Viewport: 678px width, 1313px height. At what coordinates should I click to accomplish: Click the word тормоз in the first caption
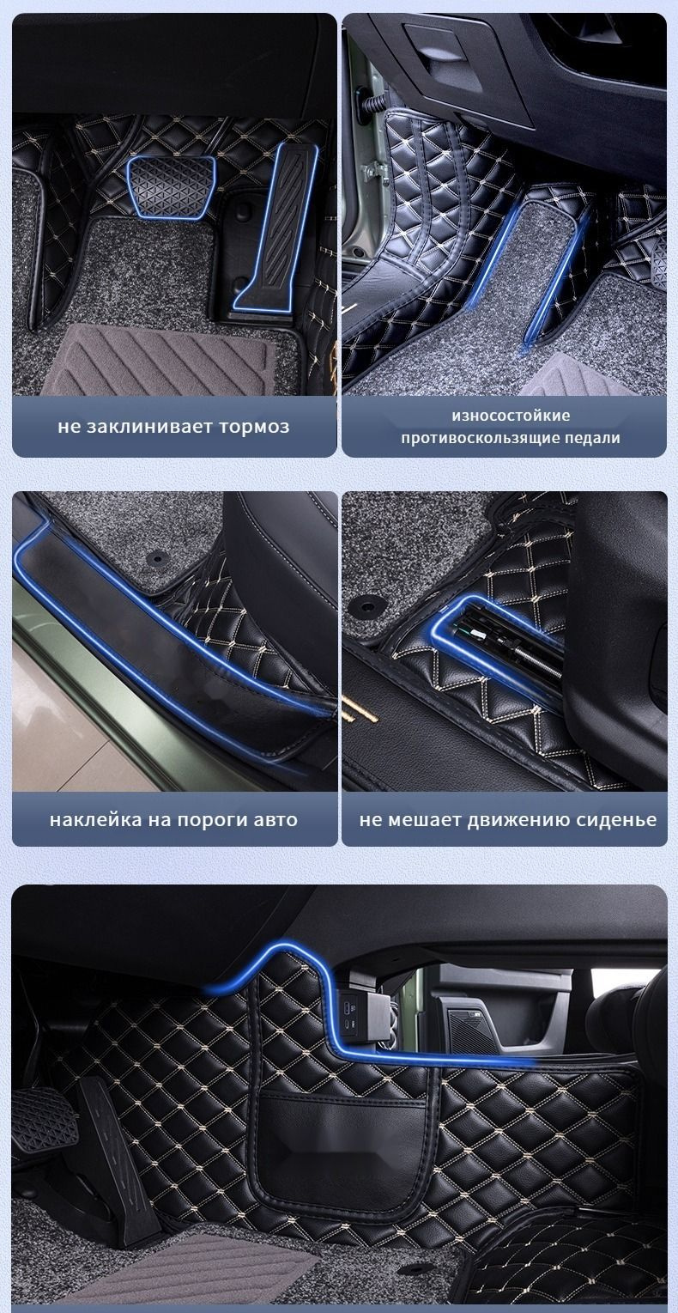point(254,426)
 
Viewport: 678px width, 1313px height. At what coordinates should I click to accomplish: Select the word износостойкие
point(511,416)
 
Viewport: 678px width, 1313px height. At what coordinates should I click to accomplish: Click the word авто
point(276,819)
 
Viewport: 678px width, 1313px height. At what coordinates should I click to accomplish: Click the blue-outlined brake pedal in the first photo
point(171,187)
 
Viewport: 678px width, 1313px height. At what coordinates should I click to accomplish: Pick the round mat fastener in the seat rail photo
point(368,605)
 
